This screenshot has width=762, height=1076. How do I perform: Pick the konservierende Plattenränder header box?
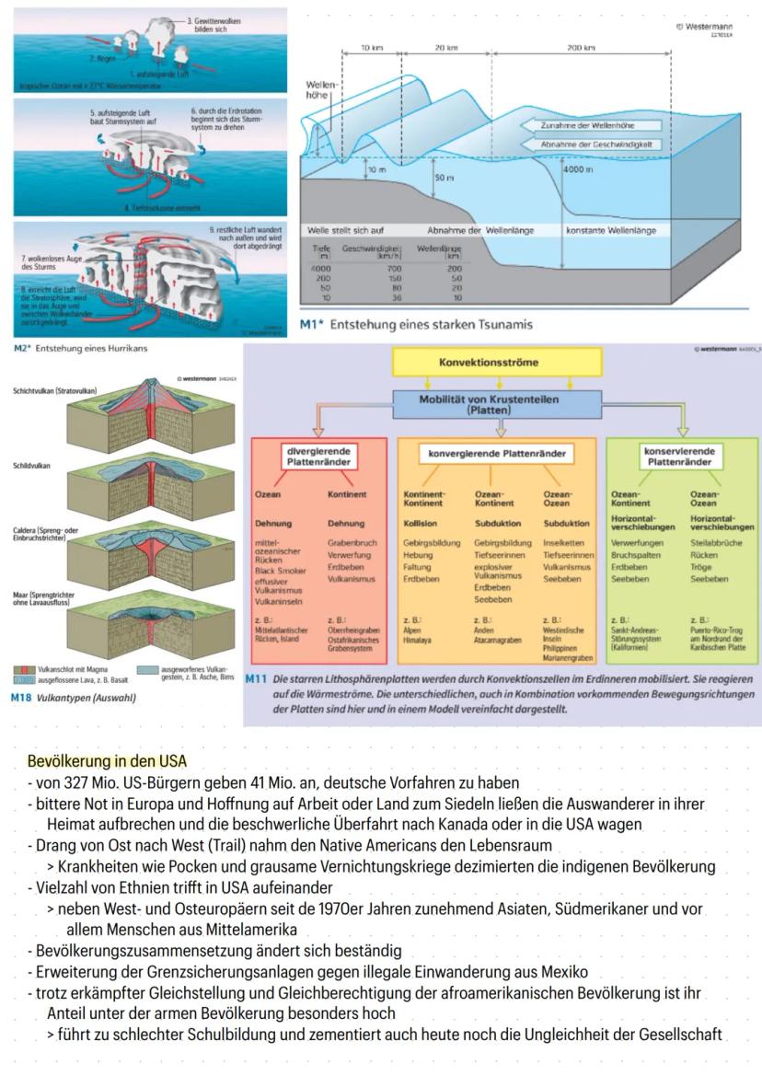pyautogui.click(x=682, y=457)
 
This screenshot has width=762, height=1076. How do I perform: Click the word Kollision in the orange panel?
pyautogui.click(x=421, y=523)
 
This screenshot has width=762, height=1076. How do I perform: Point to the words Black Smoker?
pyautogui.click(x=279, y=571)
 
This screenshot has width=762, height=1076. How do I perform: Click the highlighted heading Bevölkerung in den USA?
pyautogui.click(x=107, y=761)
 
